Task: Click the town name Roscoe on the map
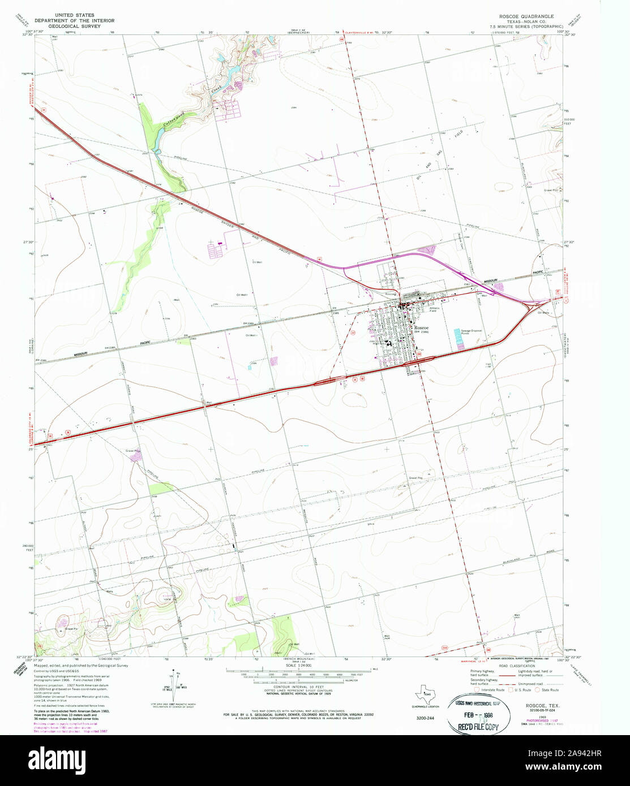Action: click(421, 328)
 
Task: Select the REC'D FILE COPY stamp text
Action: click(474, 727)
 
